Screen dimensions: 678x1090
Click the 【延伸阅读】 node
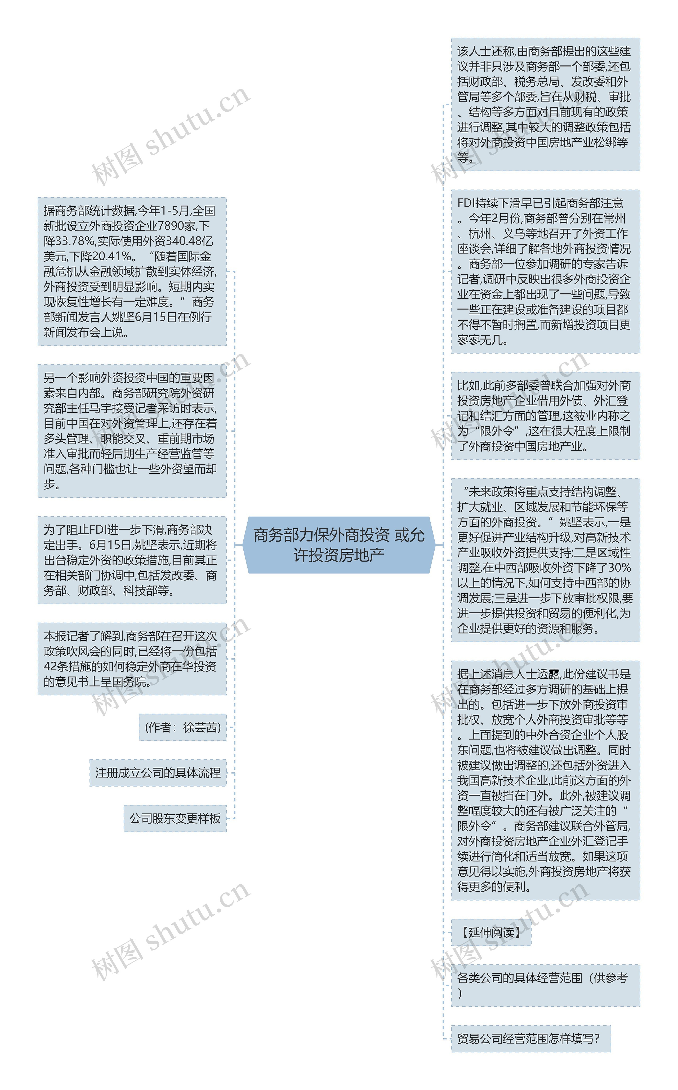pos(491,933)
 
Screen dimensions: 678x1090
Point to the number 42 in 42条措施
pos(50,666)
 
